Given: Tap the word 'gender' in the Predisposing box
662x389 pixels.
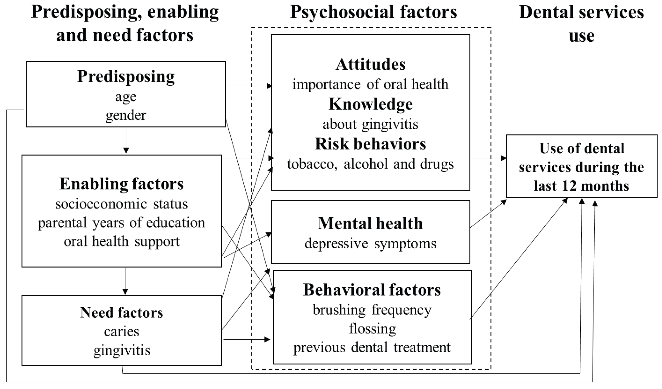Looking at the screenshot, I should [126, 115].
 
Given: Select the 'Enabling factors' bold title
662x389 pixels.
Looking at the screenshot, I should [121, 184].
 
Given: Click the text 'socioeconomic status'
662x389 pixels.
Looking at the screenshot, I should [121, 204].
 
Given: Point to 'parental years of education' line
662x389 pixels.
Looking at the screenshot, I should [121, 223].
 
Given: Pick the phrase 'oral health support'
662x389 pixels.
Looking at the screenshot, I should [121, 241].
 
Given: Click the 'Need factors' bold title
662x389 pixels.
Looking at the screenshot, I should [121, 312].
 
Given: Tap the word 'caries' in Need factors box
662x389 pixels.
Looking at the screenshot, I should [121, 331].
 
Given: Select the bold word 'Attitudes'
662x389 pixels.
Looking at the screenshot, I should [370, 64].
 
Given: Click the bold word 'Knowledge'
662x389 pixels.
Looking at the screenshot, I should [370, 104].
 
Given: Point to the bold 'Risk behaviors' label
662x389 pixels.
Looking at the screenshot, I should [370, 144].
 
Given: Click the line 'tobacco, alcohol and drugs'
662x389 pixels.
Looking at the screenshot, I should [370, 164].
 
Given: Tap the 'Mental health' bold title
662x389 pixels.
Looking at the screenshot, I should [370, 223].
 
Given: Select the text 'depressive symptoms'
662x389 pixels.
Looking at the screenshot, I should [370, 244].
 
